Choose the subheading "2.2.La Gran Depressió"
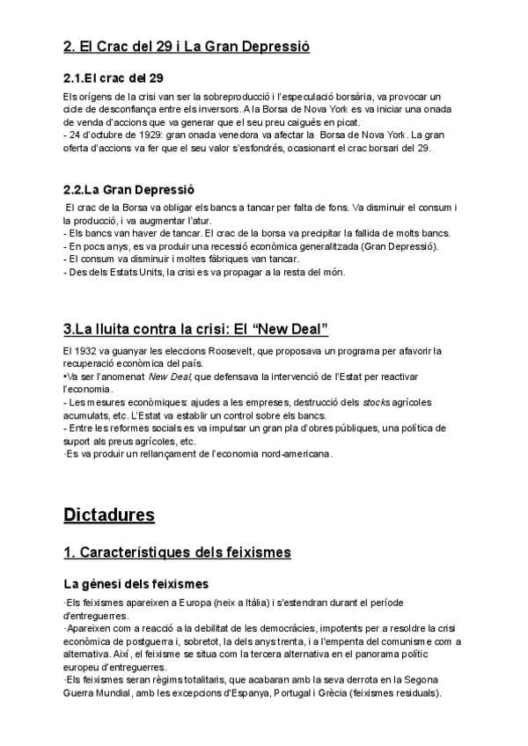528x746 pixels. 128,190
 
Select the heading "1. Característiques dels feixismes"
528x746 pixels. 178,552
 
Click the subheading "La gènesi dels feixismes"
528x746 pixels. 136,583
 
